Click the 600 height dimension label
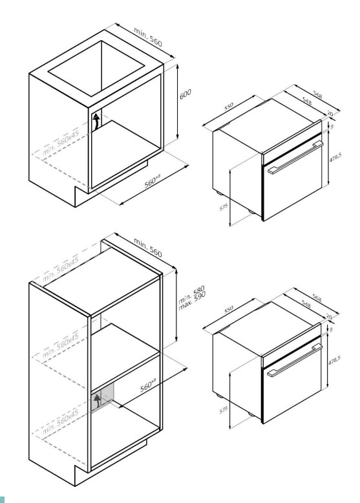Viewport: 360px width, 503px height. (185, 94)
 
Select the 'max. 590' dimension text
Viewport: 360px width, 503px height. (192, 301)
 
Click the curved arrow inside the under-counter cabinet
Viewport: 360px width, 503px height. (96, 122)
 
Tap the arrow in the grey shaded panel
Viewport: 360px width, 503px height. (97, 402)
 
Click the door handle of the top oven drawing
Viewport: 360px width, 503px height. (295, 157)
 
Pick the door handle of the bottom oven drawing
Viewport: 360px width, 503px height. (295, 360)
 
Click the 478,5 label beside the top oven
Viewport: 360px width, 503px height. (335, 157)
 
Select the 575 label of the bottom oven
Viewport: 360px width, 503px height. (224, 409)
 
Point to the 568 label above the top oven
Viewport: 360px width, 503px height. (318, 95)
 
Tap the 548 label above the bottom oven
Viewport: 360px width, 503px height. (306, 305)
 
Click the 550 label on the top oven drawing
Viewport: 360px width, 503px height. (229, 106)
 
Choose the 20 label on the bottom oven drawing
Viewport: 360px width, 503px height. (329, 317)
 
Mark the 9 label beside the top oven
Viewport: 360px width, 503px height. (332, 126)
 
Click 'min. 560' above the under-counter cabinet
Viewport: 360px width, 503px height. (148, 37)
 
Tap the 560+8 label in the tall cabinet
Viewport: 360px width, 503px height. (148, 385)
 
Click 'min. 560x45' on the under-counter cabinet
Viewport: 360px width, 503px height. (61, 143)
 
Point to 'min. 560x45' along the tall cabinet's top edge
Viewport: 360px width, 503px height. (61, 270)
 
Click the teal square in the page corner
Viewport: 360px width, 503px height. (2, 499)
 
